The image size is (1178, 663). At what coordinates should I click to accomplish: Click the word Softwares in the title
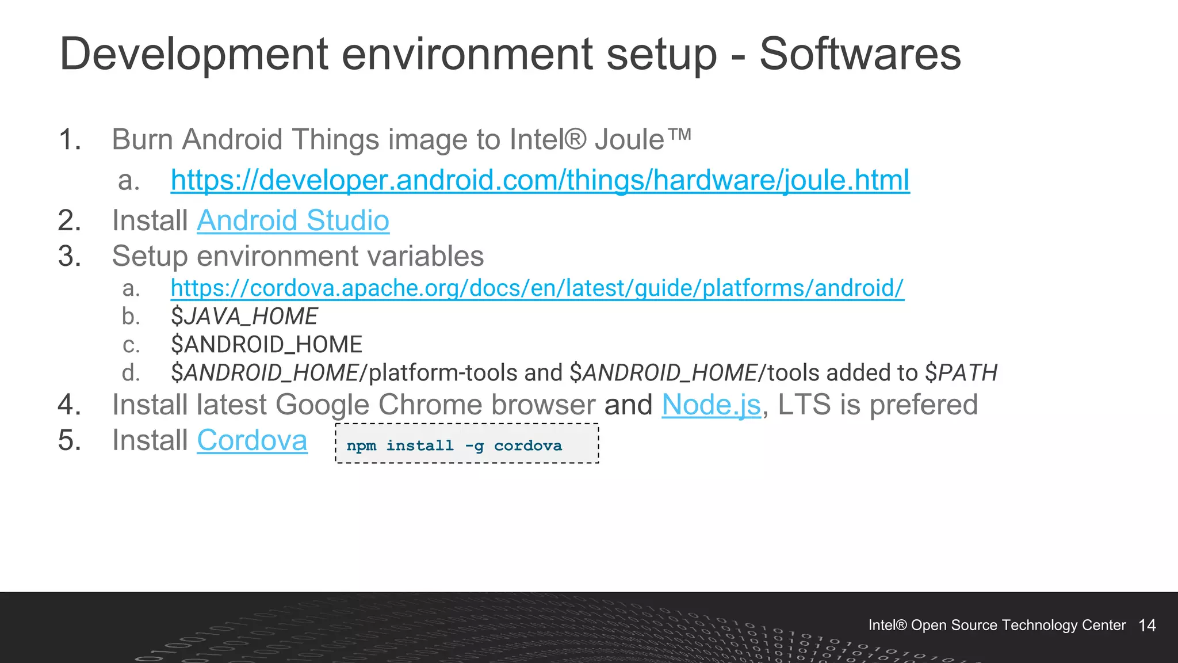[x=860, y=54]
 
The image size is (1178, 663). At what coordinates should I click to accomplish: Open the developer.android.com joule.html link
[x=540, y=180]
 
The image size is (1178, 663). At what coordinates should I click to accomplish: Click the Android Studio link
[x=293, y=220]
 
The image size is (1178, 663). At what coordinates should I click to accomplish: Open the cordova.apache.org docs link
[x=537, y=288]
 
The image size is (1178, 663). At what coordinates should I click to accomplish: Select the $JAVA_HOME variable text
[x=244, y=317]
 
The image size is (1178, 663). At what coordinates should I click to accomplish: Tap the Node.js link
[x=711, y=405]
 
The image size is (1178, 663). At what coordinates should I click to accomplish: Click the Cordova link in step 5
[x=252, y=441]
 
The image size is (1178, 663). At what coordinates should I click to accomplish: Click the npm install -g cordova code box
[x=466, y=444]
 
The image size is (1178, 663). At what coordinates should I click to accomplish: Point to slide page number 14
[x=1147, y=626]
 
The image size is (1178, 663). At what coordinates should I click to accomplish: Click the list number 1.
[x=70, y=140]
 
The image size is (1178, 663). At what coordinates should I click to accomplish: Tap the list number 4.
[x=70, y=405]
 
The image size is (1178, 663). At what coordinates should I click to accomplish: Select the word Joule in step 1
[x=629, y=140]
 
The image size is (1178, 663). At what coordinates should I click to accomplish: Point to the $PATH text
[x=961, y=373]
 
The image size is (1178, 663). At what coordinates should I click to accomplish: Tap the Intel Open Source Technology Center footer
[x=997, y=626]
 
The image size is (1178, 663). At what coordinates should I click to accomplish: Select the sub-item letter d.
[x=131, y=373]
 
